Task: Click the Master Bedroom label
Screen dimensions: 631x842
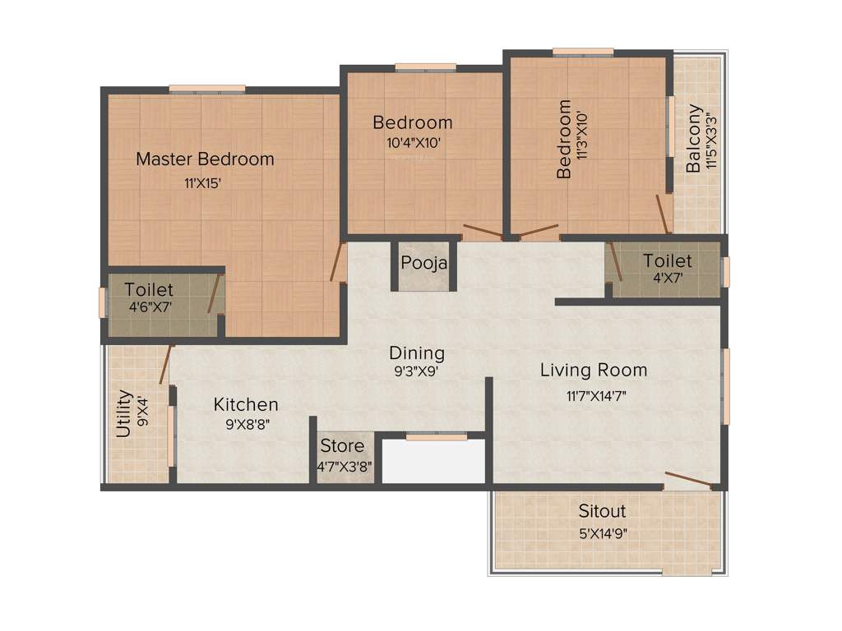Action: tap(205, 159)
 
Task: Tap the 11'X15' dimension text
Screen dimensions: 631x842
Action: tap(203, 184)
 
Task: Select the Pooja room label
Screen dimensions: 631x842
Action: tap(424, 264)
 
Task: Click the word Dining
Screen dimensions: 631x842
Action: tap(417, 353)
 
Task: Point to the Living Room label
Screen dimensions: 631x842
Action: tap(594, 370)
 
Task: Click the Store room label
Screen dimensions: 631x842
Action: tap(342, 446)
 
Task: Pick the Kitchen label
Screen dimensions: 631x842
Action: tap(246, 404)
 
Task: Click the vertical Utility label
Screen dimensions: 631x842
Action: tap(123, 413)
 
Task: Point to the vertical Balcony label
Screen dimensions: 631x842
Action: tap(695, 138)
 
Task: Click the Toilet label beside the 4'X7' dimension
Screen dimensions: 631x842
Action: tap(667, 261)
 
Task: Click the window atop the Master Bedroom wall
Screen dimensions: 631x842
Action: tap(206, 89)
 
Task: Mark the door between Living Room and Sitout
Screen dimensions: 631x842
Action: tap(689, 480)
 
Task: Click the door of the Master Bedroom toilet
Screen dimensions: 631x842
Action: tap(215, 294)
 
